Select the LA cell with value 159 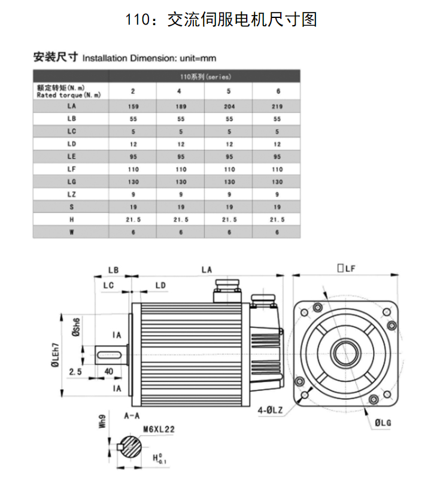click(x=132, y=107)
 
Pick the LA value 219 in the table click(x=277, y=107)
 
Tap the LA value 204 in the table click(x=229, y=107)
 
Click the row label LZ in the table click(x=71, y=195)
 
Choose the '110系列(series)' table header click(x=205, y=77)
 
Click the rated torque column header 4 click(x=180, y=92)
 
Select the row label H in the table click(x=71, y=220)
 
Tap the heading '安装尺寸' click(x=56, y=57)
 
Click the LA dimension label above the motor click(x=207, y=270)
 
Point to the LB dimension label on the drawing click(x=113, y=270)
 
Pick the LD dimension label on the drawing click(x=160, y=285)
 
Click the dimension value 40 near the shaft click(x=110, y=372)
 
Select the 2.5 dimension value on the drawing click(x=75, y=372)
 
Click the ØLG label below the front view click(x=383, y=423)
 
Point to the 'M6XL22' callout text click(x=159, y=429)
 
